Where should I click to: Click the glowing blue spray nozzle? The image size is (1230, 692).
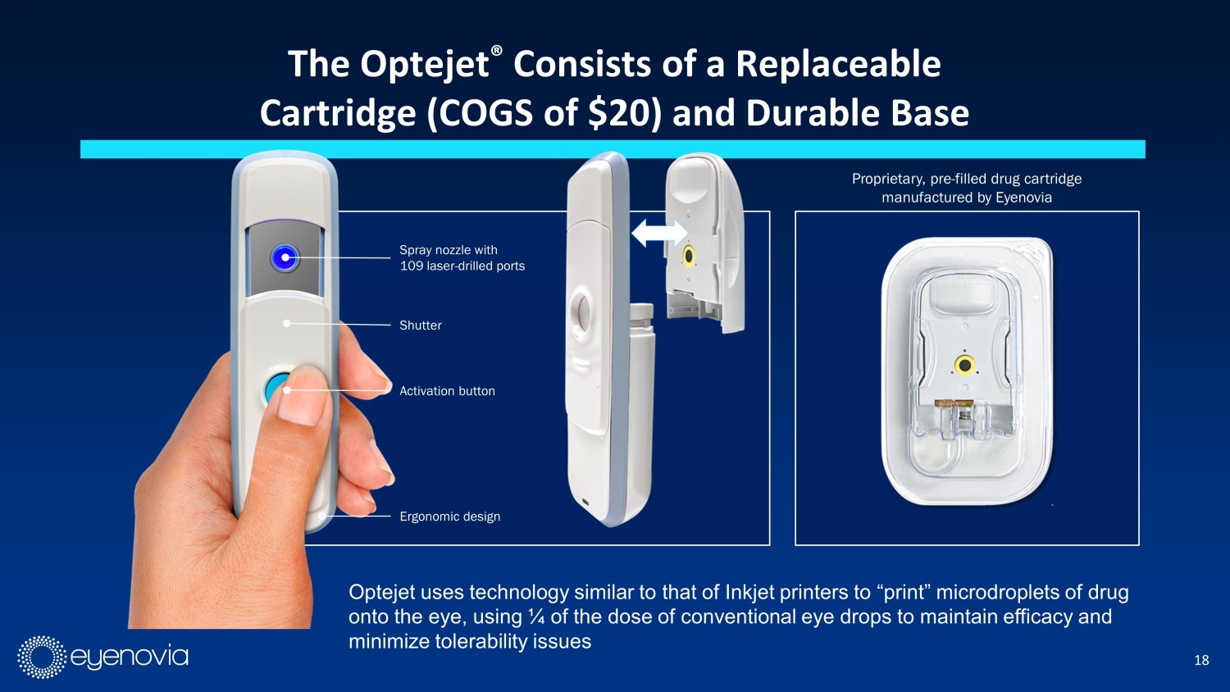(x=285, y=257)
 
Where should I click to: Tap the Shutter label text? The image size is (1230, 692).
(x=420, y=326)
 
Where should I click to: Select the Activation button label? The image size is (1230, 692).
(x=447, y=391)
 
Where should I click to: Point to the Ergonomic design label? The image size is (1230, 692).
(x=449, y=517)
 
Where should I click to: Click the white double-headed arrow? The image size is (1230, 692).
(x=659, y=234)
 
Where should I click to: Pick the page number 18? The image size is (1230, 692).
(x=1201, y=660)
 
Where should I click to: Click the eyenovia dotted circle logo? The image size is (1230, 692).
(x=42, y=657)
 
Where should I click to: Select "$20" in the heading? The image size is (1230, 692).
(x=621, y=113)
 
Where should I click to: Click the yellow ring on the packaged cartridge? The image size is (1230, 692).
(x=964, y=365)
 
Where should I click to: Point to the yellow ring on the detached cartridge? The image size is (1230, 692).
(x=688, y=256)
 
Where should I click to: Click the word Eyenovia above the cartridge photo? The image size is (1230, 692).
(x=1023, y=197)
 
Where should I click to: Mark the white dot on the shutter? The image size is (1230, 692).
(x=287, y=324)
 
